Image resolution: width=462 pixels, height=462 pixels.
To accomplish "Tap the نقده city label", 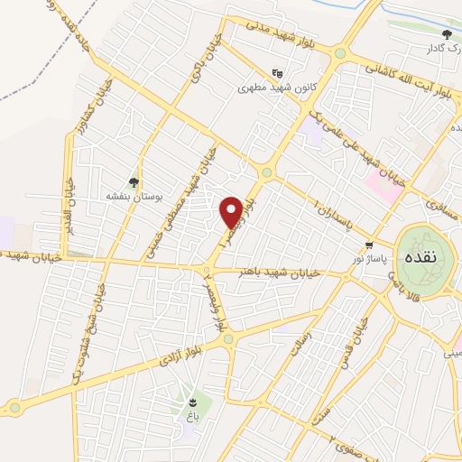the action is click(x=421, y=257).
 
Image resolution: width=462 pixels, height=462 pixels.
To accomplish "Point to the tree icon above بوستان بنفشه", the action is click(x=134, y=182).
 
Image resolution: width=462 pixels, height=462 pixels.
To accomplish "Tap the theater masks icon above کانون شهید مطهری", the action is click(x=276, y=74).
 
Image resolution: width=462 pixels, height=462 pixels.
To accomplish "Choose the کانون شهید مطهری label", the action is click(x=268, y=88).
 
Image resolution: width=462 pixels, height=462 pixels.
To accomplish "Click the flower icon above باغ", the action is click(x=192, y=402).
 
